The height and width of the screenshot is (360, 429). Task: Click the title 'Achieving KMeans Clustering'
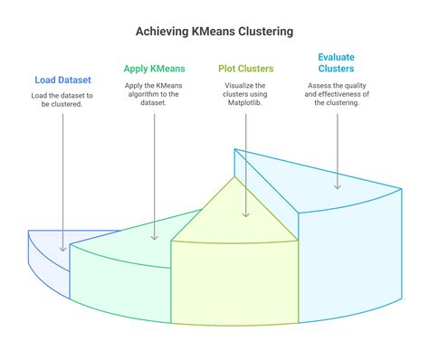click(x=214, y=32)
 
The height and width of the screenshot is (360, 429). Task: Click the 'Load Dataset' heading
click(x=62, y=80)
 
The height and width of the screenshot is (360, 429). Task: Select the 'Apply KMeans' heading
click(x=155, y=68)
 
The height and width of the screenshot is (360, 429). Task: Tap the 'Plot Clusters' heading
click(x=246, y=68)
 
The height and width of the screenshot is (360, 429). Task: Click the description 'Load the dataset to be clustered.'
click(x=62, y=100)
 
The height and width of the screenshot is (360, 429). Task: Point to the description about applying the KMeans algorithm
click(x=155, y=94)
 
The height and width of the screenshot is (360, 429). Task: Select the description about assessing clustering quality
click(x=336, y=94)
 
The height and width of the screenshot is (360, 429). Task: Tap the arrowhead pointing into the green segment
click(x=155, y=236)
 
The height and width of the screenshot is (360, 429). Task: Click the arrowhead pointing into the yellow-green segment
click(x=246, y=214)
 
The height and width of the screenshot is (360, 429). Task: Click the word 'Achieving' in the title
click(x=163, y=32)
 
